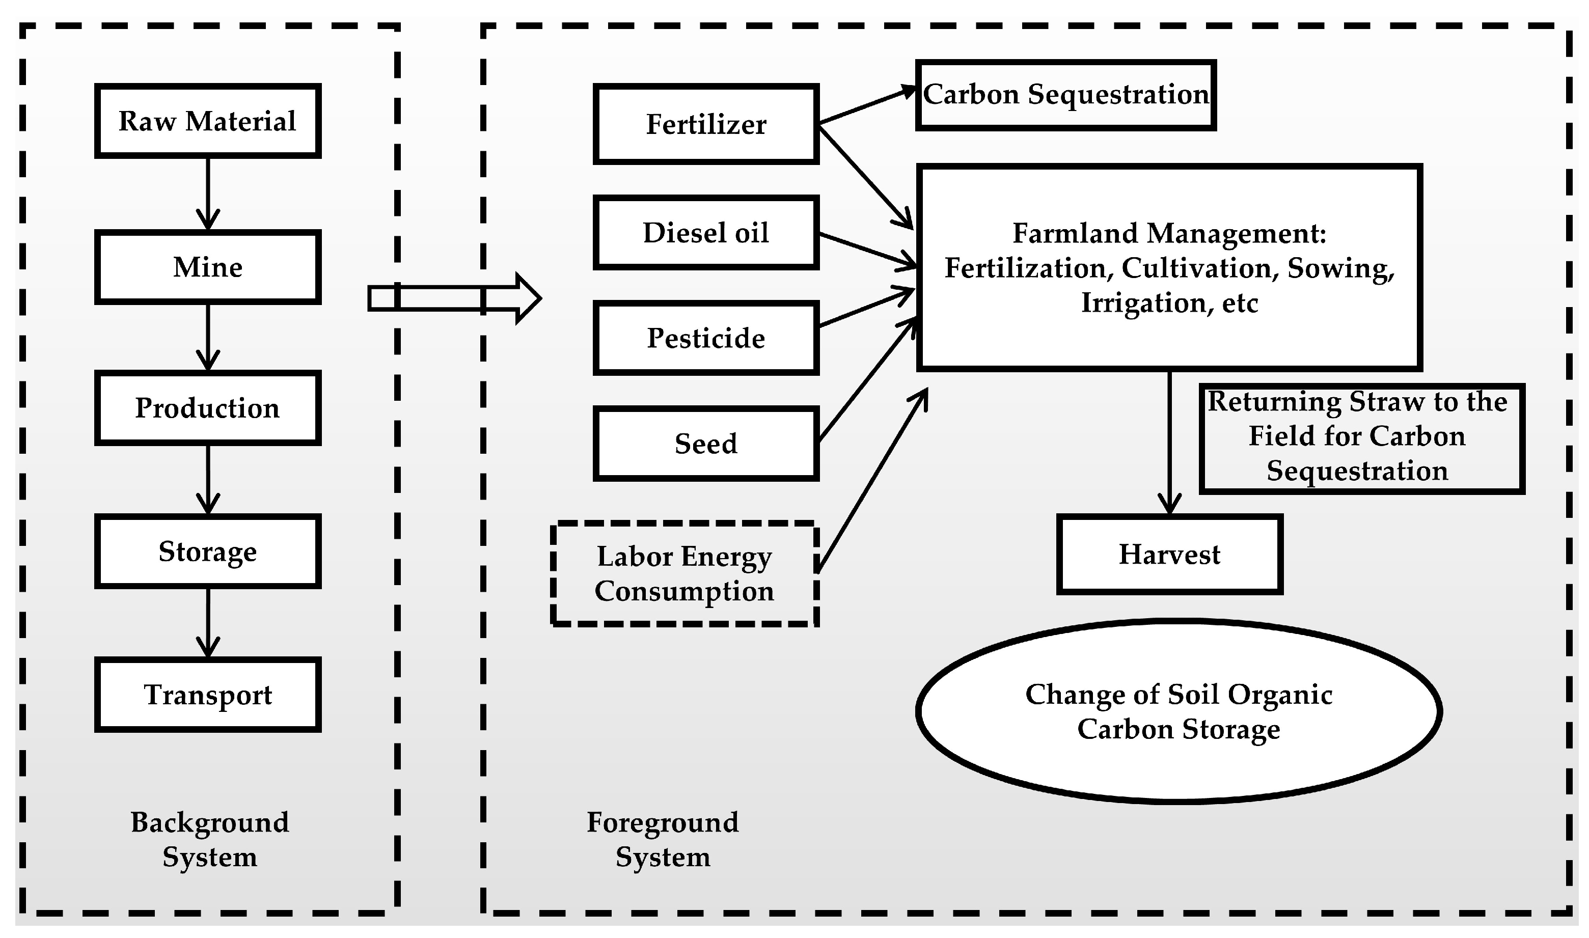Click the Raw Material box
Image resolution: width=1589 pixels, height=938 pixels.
point(207,121)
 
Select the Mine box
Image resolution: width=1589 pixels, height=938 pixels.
point(207,267)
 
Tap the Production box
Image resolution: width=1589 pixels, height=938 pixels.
point(207,408)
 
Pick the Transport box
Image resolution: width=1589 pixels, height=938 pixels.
point(207,695)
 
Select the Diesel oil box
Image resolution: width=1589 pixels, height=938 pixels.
point(705,233)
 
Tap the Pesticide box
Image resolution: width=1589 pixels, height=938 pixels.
point(705,338)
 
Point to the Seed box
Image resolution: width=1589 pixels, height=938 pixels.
point(705,444)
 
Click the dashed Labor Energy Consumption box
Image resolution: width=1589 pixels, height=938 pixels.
point(684,574)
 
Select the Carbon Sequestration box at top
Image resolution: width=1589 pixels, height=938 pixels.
point(1065,95)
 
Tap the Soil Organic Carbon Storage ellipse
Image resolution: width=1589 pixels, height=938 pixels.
point(1179,711)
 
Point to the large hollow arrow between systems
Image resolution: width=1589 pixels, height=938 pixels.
point(455,298)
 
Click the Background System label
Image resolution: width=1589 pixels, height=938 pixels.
point(209,839)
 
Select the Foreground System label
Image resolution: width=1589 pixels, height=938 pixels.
point(663,839)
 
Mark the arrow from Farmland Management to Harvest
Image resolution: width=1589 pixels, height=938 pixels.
point(1169,443)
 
